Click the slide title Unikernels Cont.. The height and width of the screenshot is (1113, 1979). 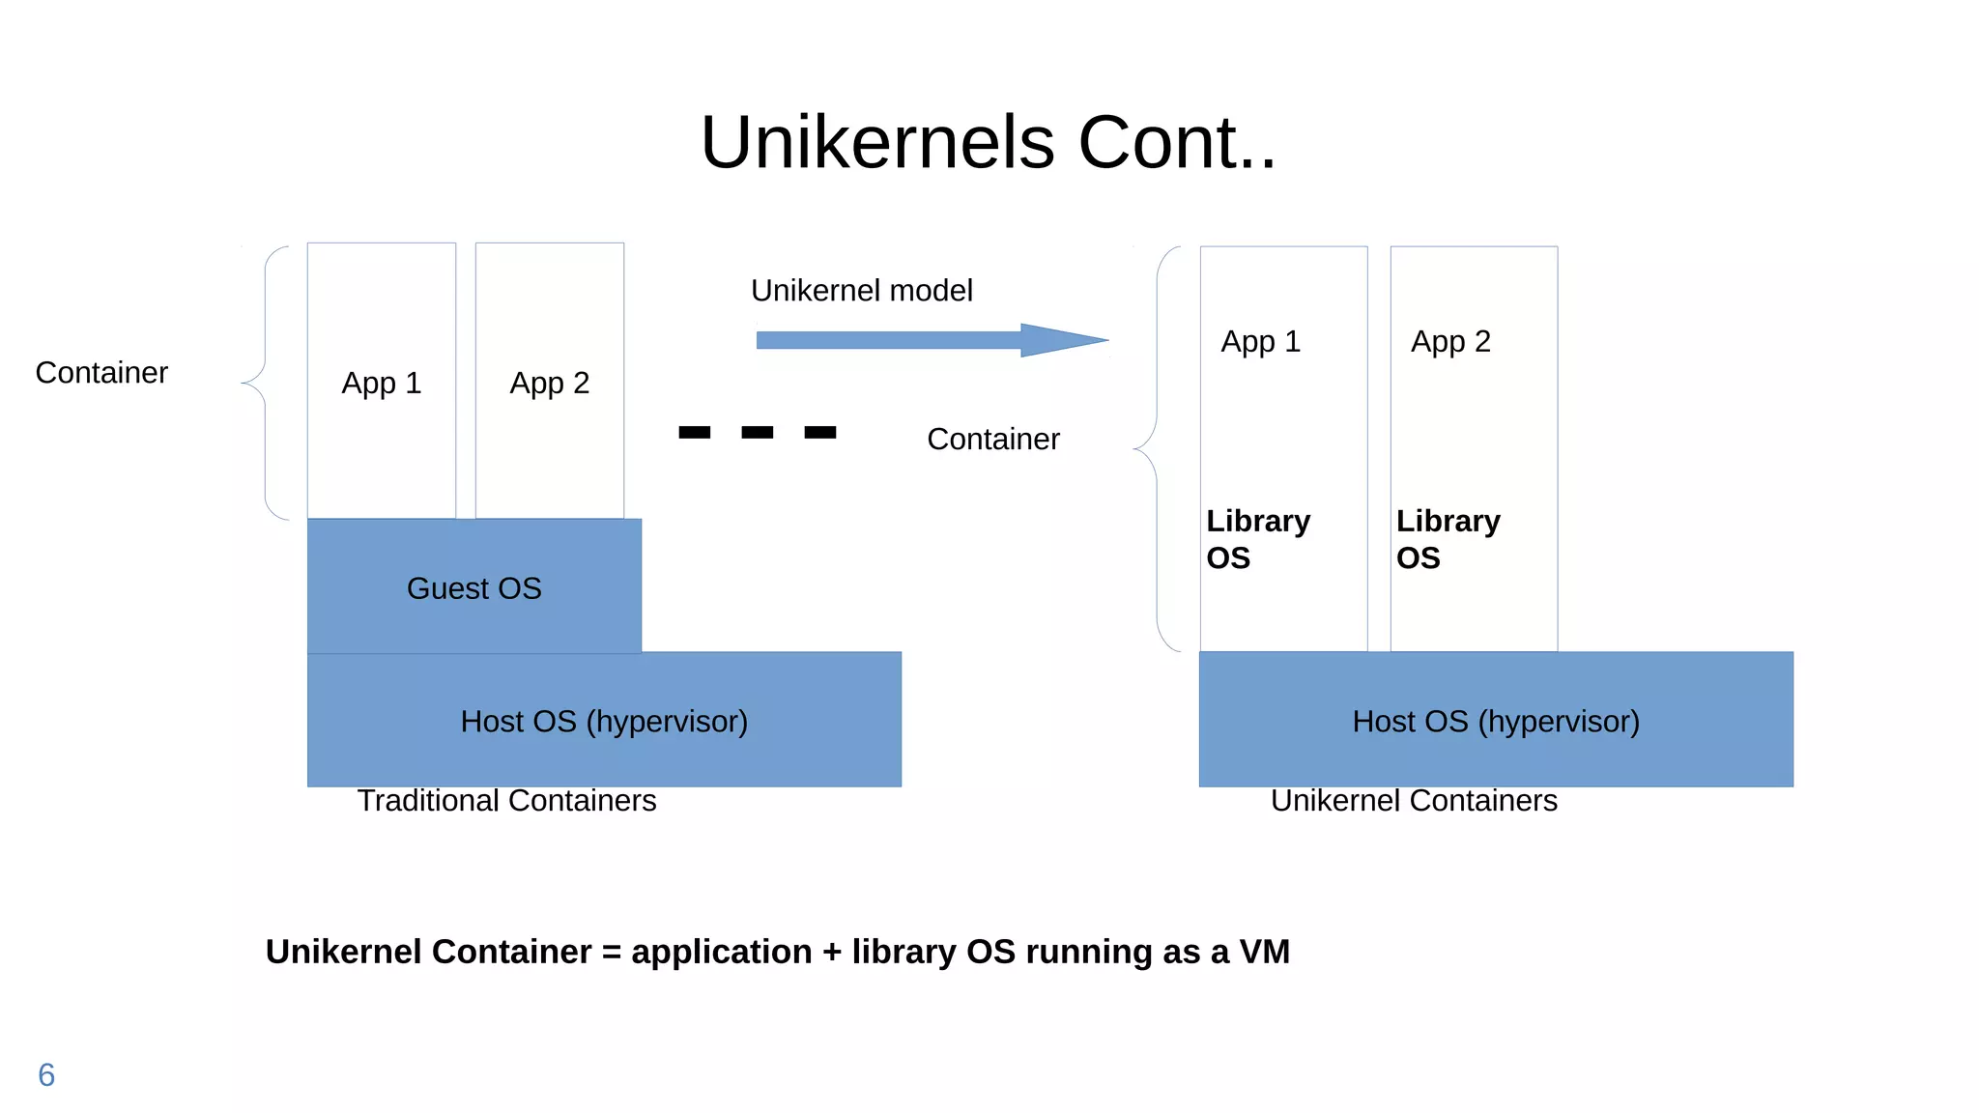point(988,142)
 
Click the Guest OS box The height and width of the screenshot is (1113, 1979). point(473,587)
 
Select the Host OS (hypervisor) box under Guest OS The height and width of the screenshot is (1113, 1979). point(604,721)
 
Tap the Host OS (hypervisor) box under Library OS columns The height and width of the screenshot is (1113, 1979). point(1495,721)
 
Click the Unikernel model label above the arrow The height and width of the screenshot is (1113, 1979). point(861,290)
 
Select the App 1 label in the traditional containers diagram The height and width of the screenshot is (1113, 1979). point(381,383)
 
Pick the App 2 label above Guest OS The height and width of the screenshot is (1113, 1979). point(549,383)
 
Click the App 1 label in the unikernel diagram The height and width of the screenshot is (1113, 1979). point(1260,341)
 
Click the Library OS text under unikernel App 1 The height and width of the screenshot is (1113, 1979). point(1257,538)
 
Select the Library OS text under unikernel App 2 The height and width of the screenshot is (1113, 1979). point(1447,538)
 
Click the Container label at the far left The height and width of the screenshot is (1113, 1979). point(101,372)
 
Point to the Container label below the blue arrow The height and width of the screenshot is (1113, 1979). point(992,439)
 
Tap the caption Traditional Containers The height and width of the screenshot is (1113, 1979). point(506,800)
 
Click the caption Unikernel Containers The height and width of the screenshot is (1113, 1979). point(1413,800)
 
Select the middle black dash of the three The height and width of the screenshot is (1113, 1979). point(757,432)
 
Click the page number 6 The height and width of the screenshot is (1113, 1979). point(46,1074)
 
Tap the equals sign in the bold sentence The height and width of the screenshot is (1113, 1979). point(611,953)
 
